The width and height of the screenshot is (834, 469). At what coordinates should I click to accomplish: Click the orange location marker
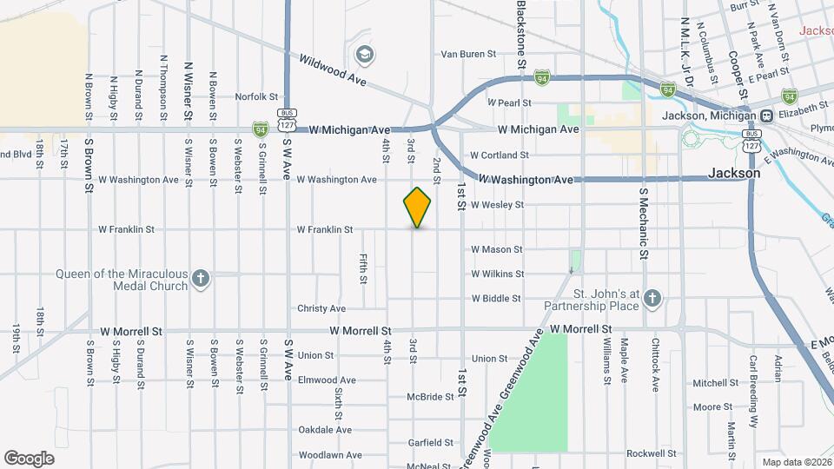(x=418, y=207)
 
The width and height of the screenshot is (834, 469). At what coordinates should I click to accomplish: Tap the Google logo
(x=30, y=458)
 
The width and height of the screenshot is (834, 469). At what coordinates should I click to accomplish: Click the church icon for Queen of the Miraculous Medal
(x=201, y=279)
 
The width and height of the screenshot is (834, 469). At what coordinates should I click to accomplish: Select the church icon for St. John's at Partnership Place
(x=653, y=300)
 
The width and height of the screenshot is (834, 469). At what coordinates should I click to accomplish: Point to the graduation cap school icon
(x=365, y=55)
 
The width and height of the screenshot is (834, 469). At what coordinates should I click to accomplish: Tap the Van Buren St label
(x=468, y=54)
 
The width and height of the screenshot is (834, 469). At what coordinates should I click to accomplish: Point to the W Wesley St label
(x=498, y=205)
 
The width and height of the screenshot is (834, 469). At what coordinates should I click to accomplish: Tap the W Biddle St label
(x=496, y=299)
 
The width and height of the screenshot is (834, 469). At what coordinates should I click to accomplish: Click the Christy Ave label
(x=321, y=308)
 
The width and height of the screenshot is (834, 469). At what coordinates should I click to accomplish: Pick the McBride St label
(x=431, y=397)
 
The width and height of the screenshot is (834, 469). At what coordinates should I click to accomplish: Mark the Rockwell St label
(x=652, y=453)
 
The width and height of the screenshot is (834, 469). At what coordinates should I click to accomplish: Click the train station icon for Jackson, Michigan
(x=767, y=116)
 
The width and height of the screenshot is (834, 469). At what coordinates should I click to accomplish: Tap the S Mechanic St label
(x=644, y=222)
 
